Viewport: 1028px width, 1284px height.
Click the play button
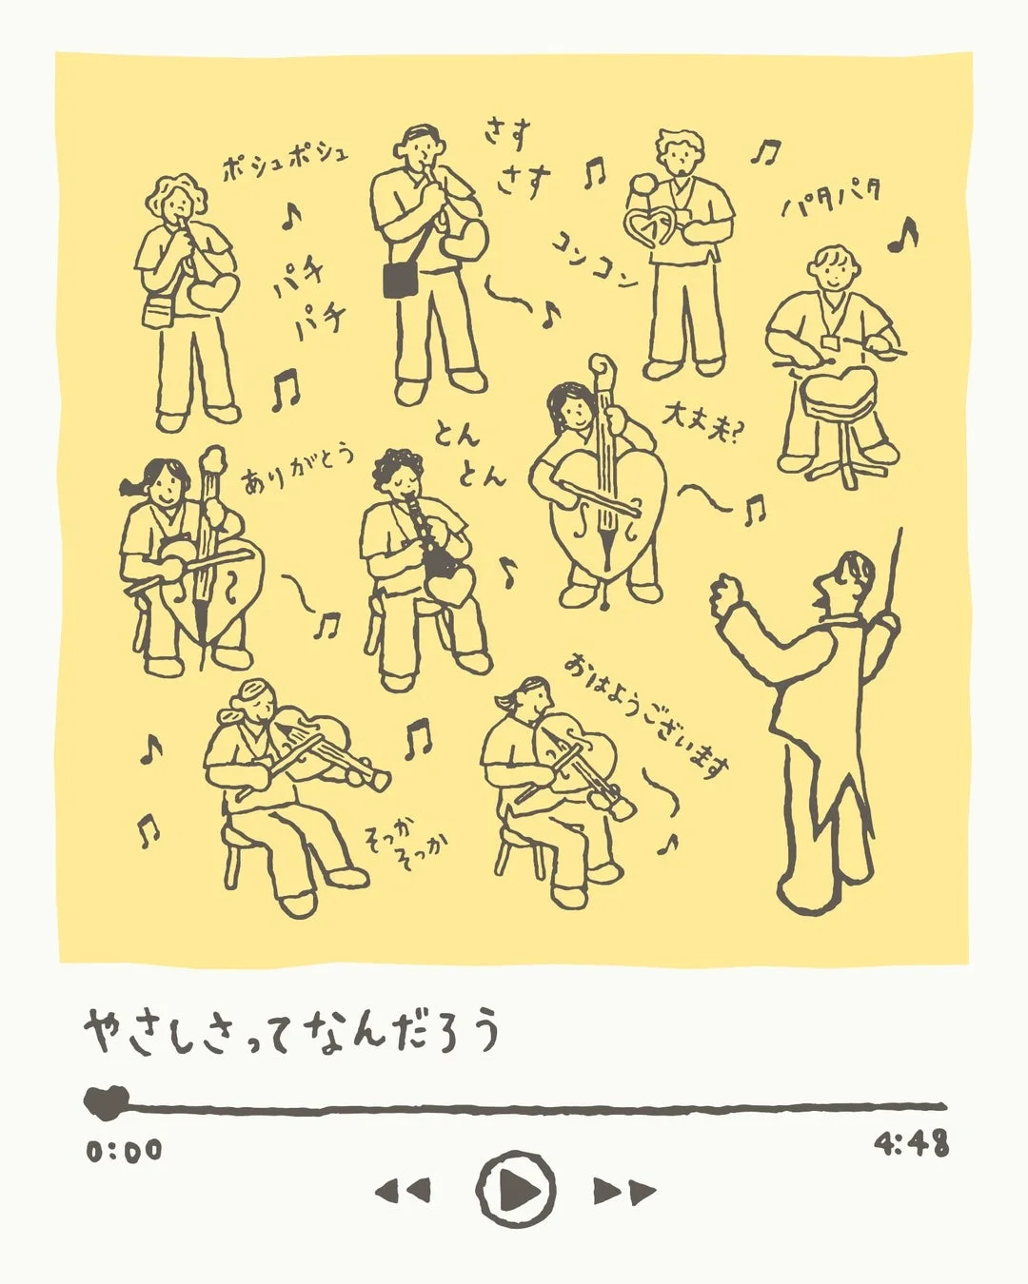(516, 1188)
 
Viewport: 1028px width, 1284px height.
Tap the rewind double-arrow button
(402, 1190)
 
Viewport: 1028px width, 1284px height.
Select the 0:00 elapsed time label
(125, 1151)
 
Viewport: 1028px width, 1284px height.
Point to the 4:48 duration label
(911, 1143)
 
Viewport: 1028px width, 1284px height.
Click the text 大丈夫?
(705, 424)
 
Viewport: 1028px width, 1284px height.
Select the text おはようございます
(647, 713)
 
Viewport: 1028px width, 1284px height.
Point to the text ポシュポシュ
(285, 162)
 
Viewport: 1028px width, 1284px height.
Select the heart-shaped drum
(839, 390)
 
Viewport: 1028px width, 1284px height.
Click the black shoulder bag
(401, 279)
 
